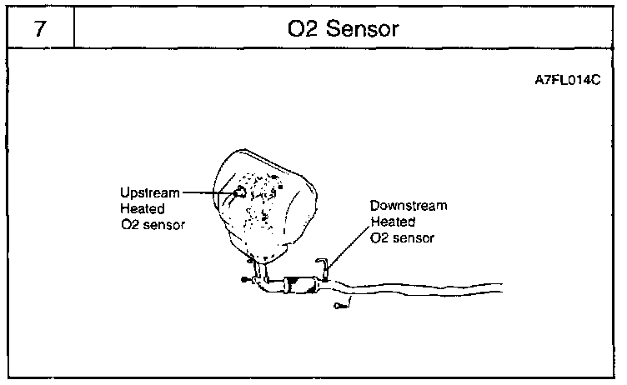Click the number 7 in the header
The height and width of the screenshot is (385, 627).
pyautogui.click(x=38, y=30)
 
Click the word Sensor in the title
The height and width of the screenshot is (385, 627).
pyautogui.click(x=367, y=30)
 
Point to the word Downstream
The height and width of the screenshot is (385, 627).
pyautogui.click(x=409, y=206)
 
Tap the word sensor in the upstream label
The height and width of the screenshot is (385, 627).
pyautogui.click(x=163, y=224)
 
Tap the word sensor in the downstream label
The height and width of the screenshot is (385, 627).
pyautogui.click(x=413, y=237)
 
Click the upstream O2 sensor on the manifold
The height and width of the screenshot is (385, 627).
pyautogui.click(x=240, y=192)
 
